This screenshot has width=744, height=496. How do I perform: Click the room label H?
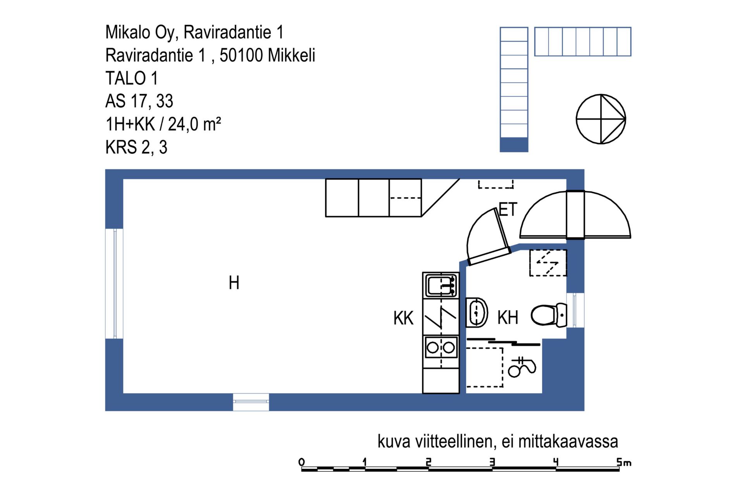click(234, 282)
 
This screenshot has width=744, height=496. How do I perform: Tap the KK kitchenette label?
click(403, 318)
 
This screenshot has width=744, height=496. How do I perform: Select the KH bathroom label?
click(508, 317)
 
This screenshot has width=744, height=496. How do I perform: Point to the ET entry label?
click(508, 210)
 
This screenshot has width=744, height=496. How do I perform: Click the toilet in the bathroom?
click(549, 315)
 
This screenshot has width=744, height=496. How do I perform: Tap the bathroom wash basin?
click(476, 312)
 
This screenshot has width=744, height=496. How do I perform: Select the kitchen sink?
click(441, 286)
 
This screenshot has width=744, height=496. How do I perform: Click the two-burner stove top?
click(441, 347)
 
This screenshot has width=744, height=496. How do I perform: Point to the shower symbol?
click(522, 367)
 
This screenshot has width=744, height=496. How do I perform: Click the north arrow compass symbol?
click(601, 119)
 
